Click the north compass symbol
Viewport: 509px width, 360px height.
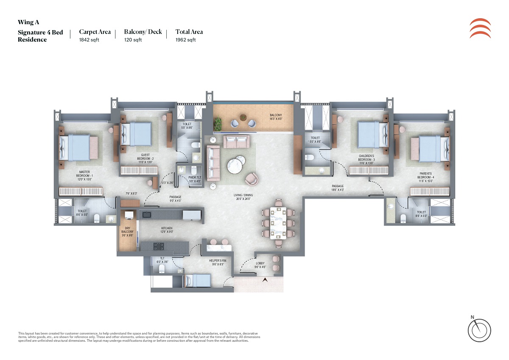pyautogui.click(x=480, y=329)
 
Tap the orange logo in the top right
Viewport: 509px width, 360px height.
pyautogui.click(x=480, y=28)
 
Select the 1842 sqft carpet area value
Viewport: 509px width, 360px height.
pyautogui.click(x=89, y=40)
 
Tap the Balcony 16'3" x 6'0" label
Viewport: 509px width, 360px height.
pyautogui.click(x=276, y=118)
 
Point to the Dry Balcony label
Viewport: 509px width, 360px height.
pyautogui.click(x=127, y=232)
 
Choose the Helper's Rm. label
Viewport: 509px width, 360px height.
pyautogui.click(x=216, y=262)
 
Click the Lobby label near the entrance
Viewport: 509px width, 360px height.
pyautogui.click(x=260, y=265)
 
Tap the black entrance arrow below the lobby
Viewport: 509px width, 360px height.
pyautogui.click(x=266, y=280)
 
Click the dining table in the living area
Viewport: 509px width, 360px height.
pyautogui.click(x=278, y=223)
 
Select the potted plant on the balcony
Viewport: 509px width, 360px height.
pyautogui.click(x=218, y=123)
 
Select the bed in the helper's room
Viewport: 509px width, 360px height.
pyautogui.click(x=197, y=280)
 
